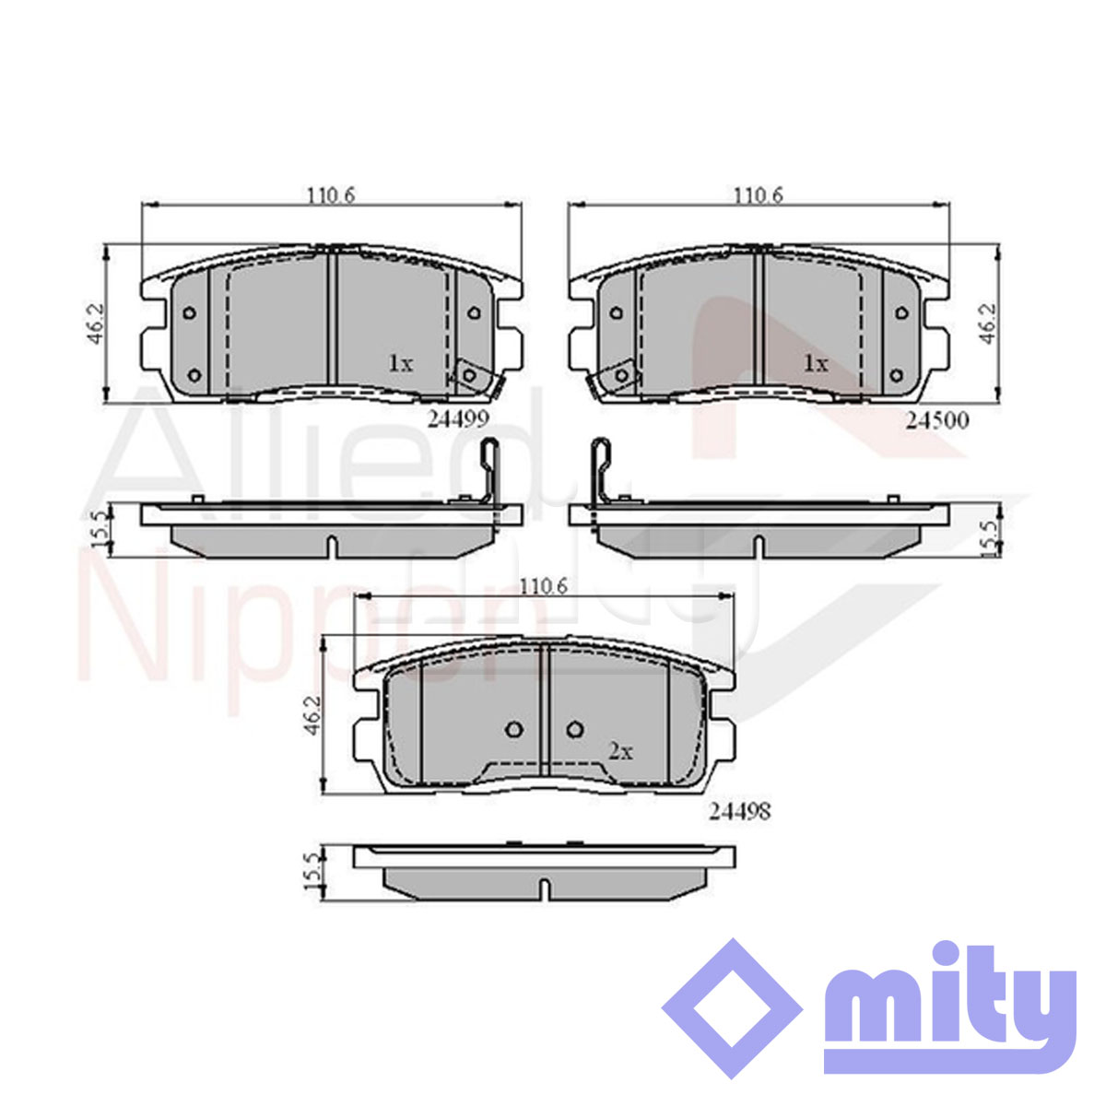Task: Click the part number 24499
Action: pyautogui.click(x=458, y=419)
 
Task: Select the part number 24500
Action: pyautogui.click(x=937, y=420)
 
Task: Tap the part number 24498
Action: pyautogui.click(x=740, y=811)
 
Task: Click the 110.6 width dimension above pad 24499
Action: pyautogui.click(x=331, y=195)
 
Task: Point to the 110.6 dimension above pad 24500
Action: pyautogui.click(x=759, y=195)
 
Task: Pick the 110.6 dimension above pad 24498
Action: pyautogui.click(x=544, y=586)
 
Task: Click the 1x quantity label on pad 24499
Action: pyautogui.click(x=401, y=363)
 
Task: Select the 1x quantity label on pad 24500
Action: pyautogui.click(x=816, y=363)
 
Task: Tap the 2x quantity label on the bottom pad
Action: pyautogui.click(x=620, y=751)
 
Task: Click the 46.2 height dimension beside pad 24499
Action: pyautogui.click(x=95, y=324)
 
